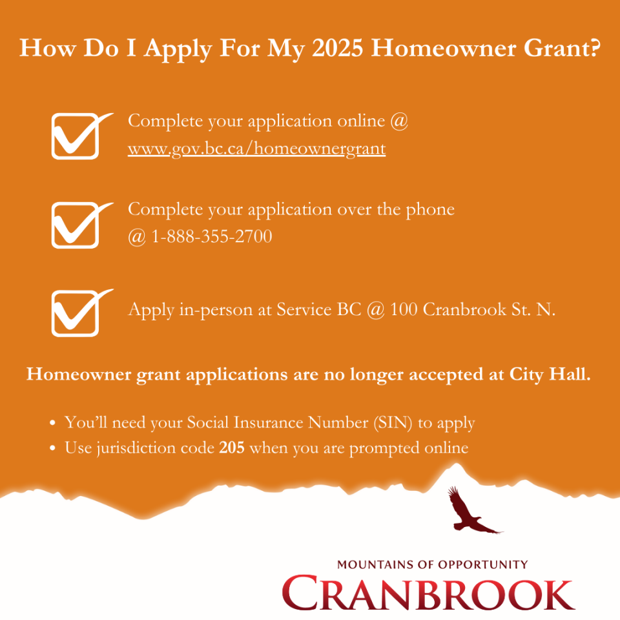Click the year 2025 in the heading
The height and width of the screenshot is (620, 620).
(x=337, y=48)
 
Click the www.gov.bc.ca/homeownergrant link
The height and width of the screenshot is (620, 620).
(x=256, y=149)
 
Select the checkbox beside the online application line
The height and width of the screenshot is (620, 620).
(x=75, y=136)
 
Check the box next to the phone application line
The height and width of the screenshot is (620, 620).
(x=75, y=225)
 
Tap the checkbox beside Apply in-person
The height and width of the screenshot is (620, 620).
(x=75, y=313)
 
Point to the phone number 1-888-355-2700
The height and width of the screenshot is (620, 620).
(x=212, y=236)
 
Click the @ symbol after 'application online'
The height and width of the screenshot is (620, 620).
(x=399, y=121)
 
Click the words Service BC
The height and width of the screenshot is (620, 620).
(x=318, y=309)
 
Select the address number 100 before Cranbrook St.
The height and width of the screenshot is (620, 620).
(x=404, y=309)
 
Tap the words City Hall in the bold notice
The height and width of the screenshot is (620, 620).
(x=550, y=375)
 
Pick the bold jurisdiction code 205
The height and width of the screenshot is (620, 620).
(x=232, y=448)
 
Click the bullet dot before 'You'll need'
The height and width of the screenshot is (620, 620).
(x=52, y=423)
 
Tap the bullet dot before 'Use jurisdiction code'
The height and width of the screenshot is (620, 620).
(x=52, y=448)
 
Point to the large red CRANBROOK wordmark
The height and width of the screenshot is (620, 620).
(x=429, y=593)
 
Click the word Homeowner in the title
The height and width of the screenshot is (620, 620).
(x=443, y=48)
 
